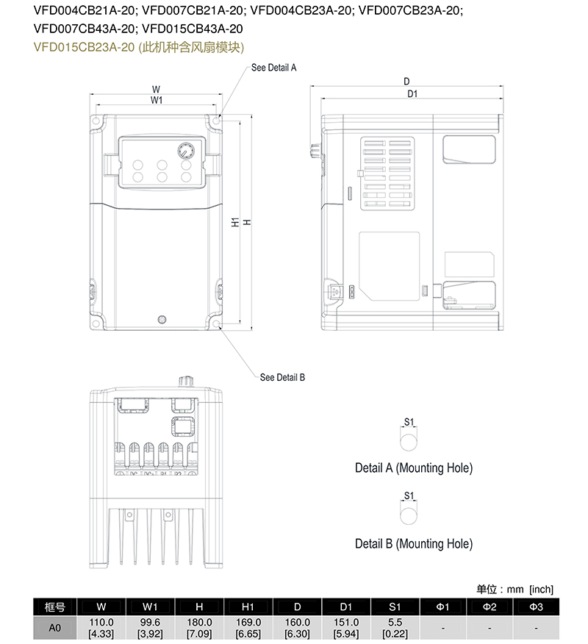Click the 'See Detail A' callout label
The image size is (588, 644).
[x=273, y=67]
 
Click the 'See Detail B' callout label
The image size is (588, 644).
[x=282, y=377]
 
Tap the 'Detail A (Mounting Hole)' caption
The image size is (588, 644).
[x=413, y=468]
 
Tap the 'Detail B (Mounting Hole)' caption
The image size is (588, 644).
[x=413, y=544]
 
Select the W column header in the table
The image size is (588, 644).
[x=101, y=607]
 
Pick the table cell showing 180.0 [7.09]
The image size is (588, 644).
[x=199, y=627]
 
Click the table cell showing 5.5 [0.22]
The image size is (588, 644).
[x=395, y=627]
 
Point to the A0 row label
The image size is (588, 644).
[x=54, y=627]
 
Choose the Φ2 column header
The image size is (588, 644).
[x=490, y=607]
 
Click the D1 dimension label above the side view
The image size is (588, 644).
[x=412, y=93]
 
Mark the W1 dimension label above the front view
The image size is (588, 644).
[x=157, y=100]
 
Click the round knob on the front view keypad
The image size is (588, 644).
[x=184, y=151]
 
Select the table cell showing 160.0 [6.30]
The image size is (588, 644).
[x=297, y=627]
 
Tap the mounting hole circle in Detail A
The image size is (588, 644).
[x=409, y=442]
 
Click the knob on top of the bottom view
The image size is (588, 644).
[x=184, y=382]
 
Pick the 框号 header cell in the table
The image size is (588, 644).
[x=54, y=607]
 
